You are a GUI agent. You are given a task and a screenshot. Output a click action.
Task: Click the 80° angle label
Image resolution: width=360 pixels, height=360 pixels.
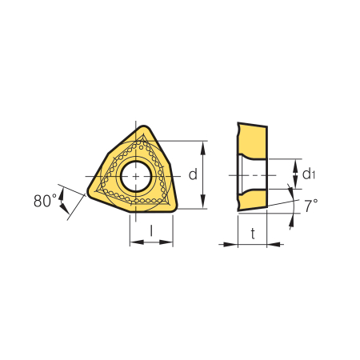coord(45,201)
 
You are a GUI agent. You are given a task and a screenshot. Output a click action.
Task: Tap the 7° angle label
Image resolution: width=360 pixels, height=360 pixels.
coord(311,206)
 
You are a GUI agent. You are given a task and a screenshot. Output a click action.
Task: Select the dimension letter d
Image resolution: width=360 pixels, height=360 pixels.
coord(193,174)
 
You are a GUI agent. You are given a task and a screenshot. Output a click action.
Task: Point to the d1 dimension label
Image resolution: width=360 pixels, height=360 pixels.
coord(309,174)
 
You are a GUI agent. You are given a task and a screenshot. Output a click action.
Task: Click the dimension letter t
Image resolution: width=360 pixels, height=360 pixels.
coord(253,234)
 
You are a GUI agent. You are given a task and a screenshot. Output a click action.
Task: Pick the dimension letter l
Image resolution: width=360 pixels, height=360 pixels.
coord(151,230)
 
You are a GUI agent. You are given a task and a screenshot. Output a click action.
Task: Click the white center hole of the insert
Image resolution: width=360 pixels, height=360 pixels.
coord(136,176)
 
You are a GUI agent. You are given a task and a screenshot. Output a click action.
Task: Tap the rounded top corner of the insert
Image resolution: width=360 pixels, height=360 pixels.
coord(144,127)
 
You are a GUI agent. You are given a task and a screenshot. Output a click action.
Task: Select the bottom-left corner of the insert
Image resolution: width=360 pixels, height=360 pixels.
coord(90,193)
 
